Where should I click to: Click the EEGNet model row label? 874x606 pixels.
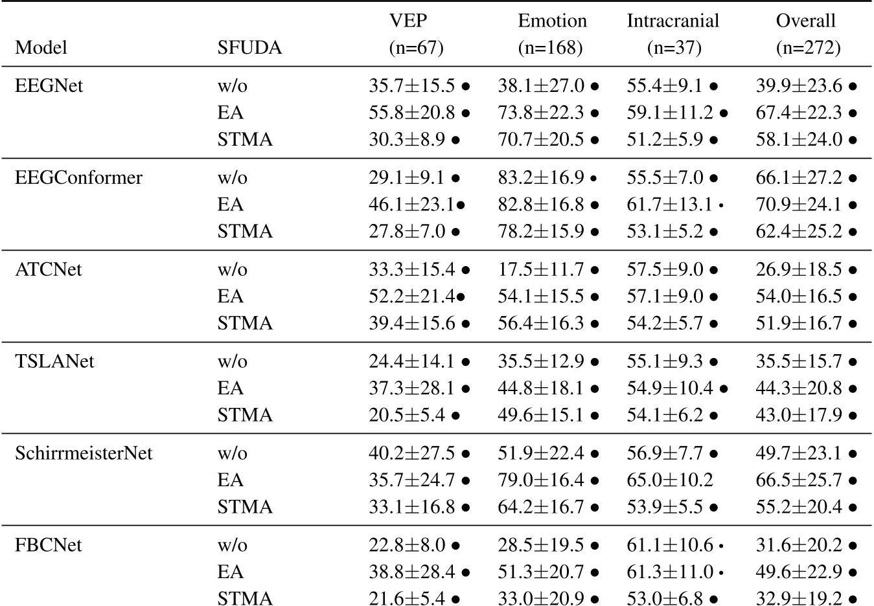49,85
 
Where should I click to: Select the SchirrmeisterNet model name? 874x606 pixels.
84,453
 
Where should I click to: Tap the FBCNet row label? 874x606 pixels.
49,545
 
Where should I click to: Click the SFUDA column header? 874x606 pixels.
249,48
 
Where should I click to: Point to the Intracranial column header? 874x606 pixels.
673,21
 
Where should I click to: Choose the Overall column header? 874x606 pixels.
805,21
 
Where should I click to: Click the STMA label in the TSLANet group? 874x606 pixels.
245,414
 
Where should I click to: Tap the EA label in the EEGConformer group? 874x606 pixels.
231,205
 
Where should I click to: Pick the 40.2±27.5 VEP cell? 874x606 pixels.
412,453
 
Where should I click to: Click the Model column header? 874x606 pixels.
41,48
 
